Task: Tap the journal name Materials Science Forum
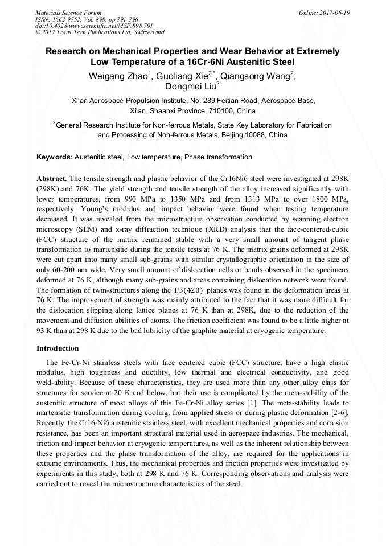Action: point(68,13)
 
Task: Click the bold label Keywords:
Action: point(54,157)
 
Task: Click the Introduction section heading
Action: point(58,348)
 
